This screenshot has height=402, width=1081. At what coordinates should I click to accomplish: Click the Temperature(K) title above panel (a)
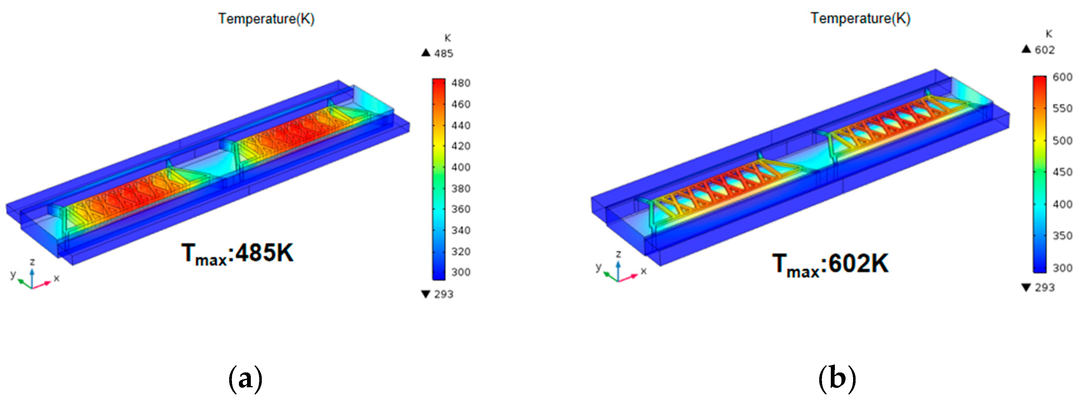[266, 19]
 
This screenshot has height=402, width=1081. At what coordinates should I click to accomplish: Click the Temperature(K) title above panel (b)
[860, 18]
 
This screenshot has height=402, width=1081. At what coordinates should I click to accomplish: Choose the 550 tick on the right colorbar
[1062, 108]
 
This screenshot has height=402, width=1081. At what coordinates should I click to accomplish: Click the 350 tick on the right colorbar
[1062, 236]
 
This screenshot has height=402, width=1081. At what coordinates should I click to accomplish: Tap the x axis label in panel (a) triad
[57, 278]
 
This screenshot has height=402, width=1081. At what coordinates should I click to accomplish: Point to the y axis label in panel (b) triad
[599, 266]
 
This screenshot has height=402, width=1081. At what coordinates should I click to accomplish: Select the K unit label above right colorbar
[1048, 34]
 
